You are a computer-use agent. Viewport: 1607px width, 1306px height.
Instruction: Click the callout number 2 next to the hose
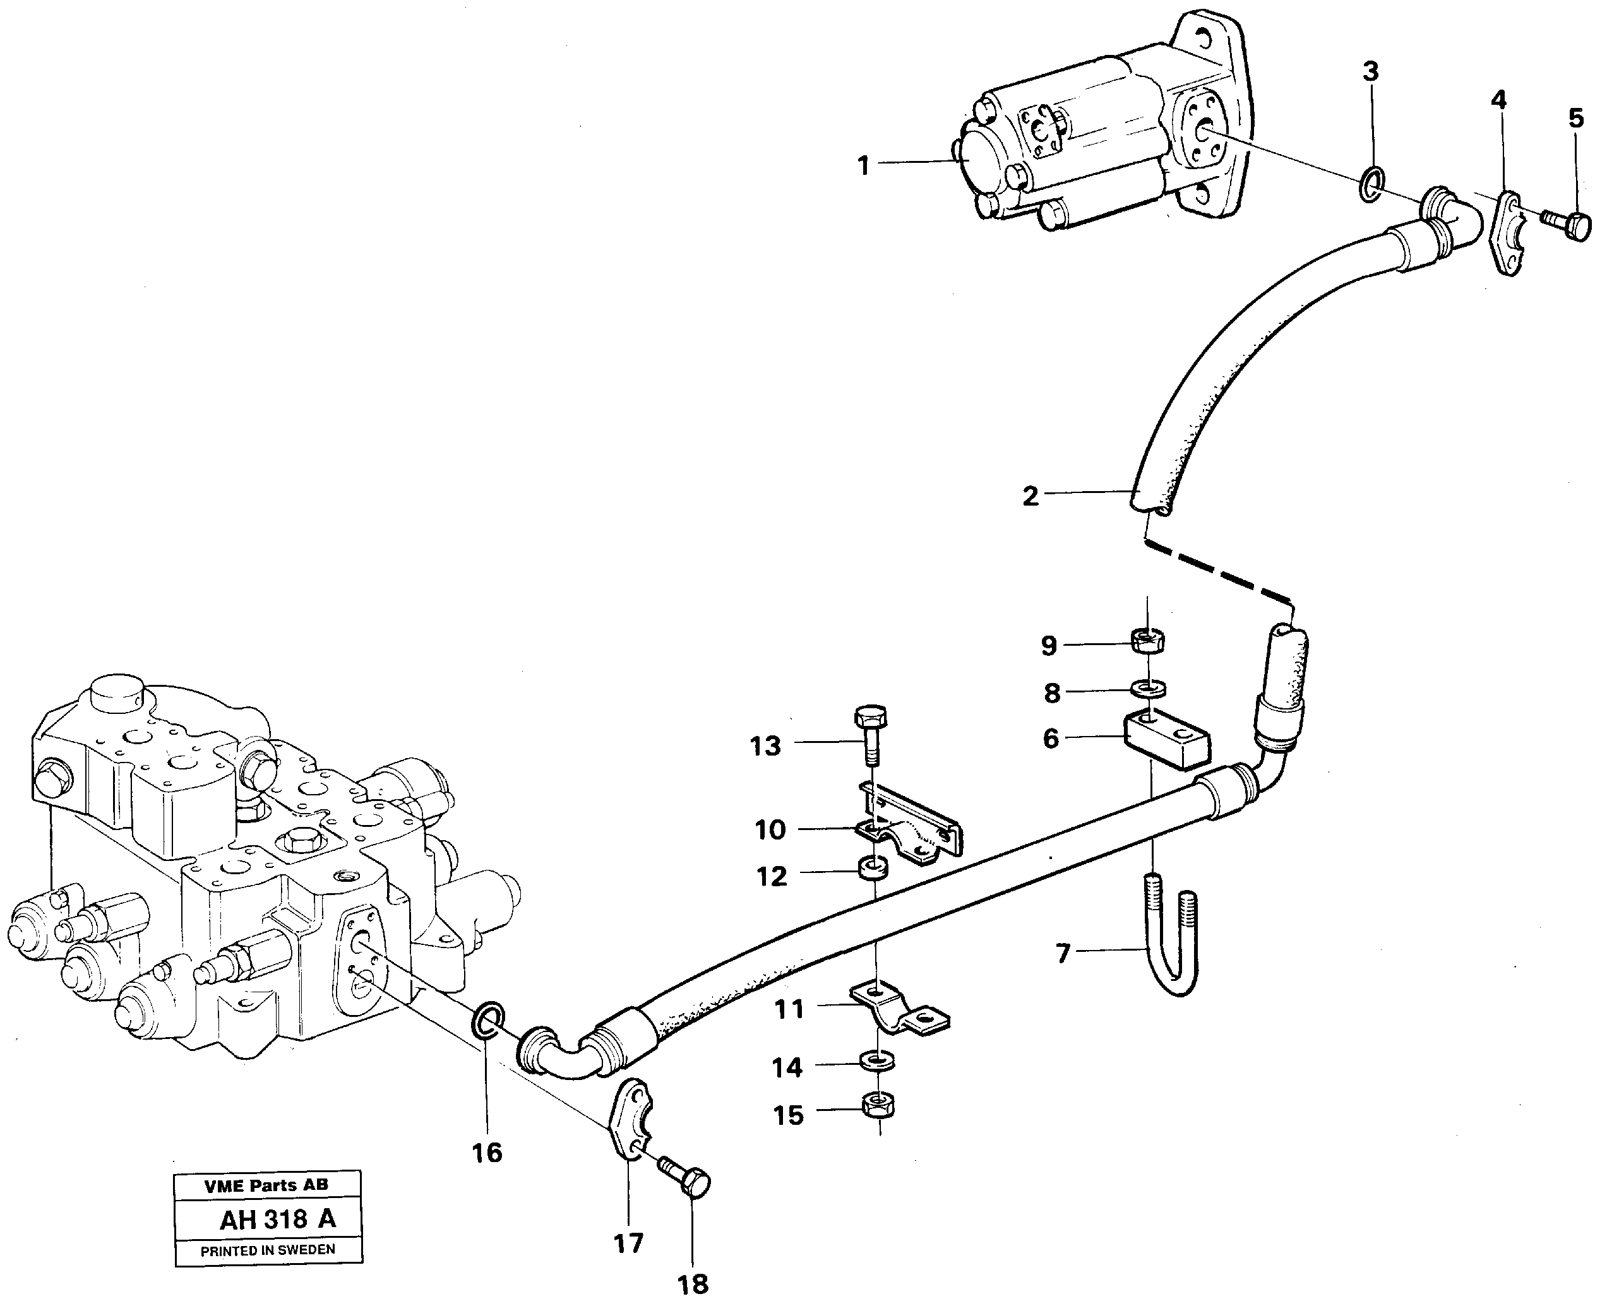(x=1030, y=496)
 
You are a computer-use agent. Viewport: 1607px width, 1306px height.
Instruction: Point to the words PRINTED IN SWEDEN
(x=268, y=1250)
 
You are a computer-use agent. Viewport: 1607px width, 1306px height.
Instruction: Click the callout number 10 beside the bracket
(x=770, y=830)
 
